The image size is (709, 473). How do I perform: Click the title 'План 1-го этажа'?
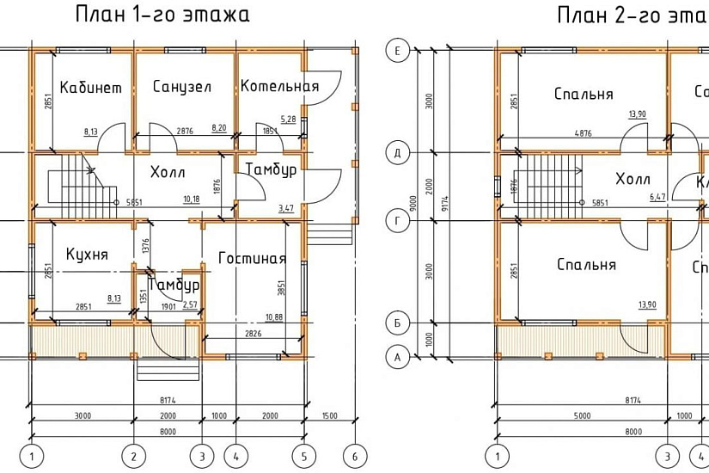[x=162, y=15]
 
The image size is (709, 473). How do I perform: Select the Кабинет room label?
[x=90, y=88]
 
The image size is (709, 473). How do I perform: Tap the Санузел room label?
[x=182, y=87]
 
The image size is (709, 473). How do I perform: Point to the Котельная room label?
[x=279, y=86]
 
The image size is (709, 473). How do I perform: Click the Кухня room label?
[x=87, y=255]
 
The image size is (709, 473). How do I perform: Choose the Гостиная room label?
[x=252, y=258]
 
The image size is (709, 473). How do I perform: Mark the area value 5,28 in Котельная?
[x=288, y=119]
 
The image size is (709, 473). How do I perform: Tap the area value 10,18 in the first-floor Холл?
[x=192, y=200]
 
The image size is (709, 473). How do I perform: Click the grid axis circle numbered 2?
[x=133, y=454]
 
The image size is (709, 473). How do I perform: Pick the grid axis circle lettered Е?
[x=397, y=51]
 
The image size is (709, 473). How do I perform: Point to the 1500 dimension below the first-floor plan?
[x=328, y=416]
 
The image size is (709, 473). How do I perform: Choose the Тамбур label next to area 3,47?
[x=272, y=170]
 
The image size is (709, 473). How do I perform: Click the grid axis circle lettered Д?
[x=397, y=153]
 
